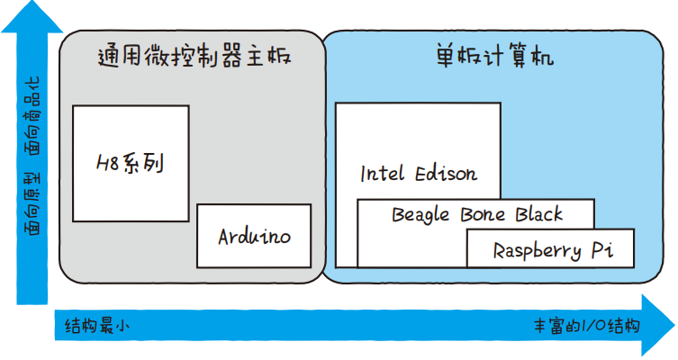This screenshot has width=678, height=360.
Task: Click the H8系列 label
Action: coord(130,164)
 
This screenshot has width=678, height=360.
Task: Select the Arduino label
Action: coord(255,237)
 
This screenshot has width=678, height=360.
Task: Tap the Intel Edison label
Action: coord(419,173)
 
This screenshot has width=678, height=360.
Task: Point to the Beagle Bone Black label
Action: coord(476,214)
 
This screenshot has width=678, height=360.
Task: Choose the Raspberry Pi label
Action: coord(552,250)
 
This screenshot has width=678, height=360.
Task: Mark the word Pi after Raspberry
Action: coord(602,250)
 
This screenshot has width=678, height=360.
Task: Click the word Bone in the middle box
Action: coord(484,214)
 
